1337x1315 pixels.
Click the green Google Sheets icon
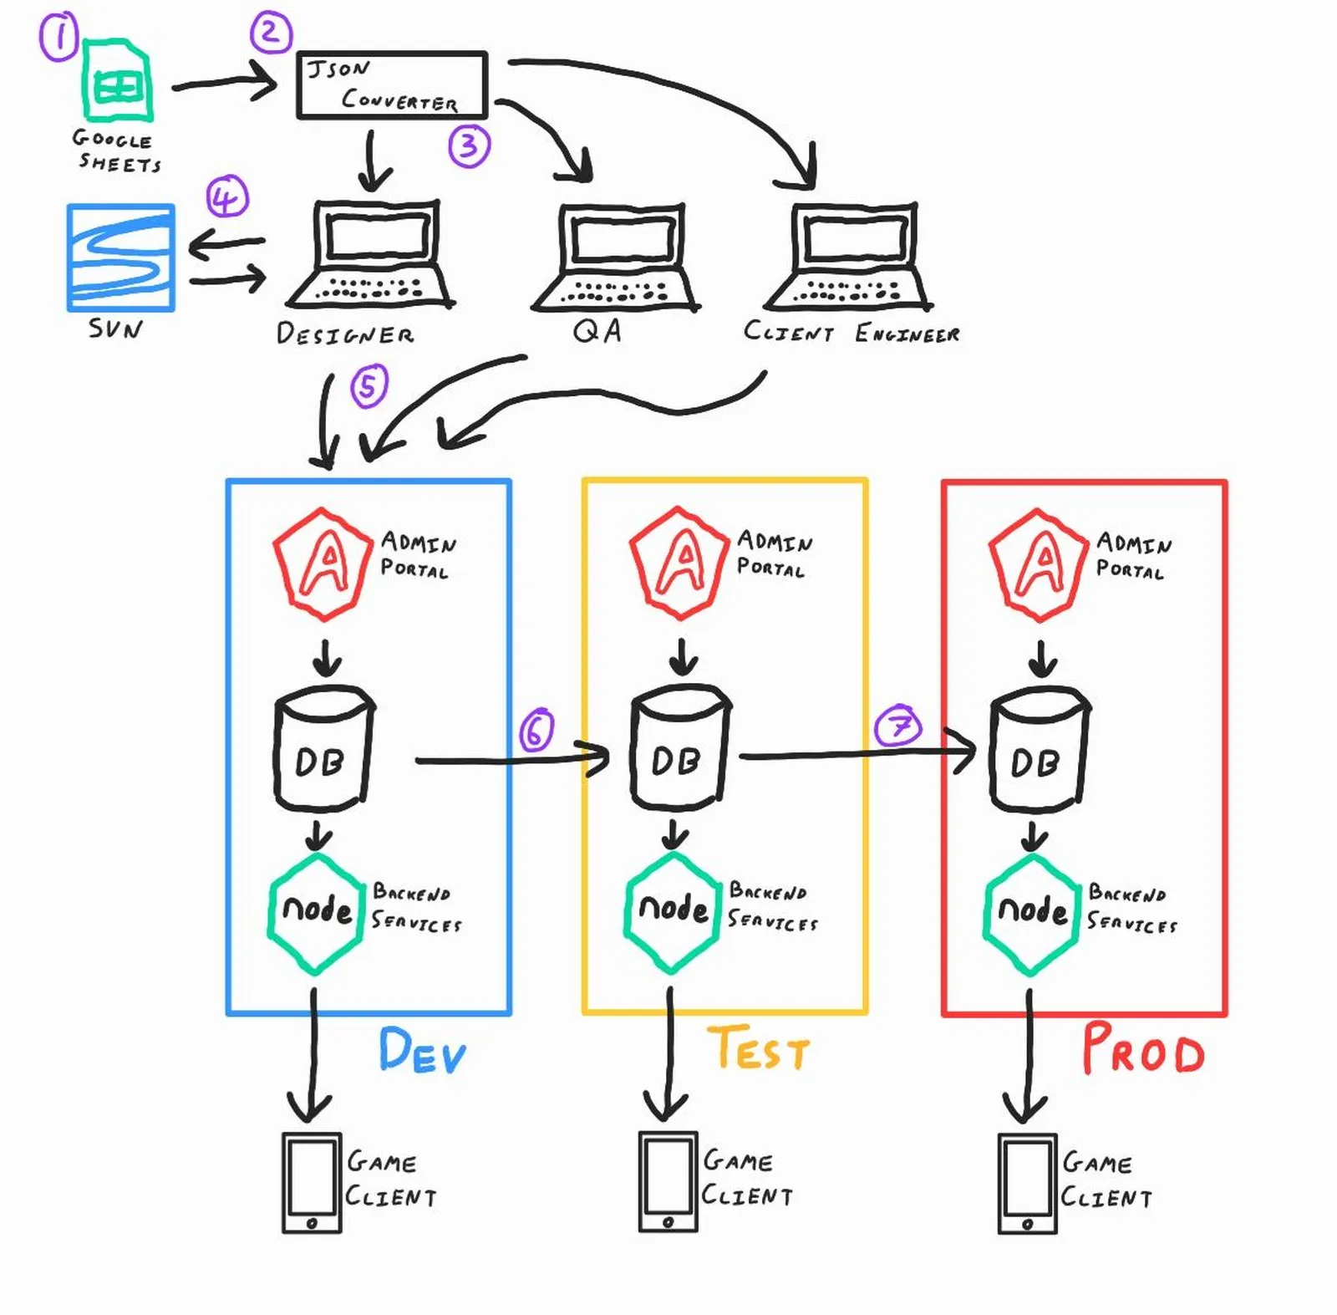click(x=118, y=82)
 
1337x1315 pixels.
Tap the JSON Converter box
click(x=392, y=85)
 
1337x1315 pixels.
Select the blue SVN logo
click(x=121, y=257)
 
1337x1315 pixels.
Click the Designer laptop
click(x=369, y=255)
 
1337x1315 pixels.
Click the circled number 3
click(x=469, y=145)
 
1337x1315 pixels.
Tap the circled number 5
click(x=369, y=385)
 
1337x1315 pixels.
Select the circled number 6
click(x=536, y=730)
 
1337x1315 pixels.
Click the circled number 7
click(x=898, y=726)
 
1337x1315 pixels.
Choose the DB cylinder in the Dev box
click(x=323, y=748)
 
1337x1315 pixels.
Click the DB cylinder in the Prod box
click(x=1039, y=749)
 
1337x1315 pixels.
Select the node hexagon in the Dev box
click(x=317, y=913)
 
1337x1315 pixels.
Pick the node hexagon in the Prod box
click(x=1032, y=914)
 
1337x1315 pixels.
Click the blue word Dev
click(x=422, y=1051)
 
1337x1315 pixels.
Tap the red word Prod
click(x=1142, y=1049)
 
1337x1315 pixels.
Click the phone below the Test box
click(x=668, y=1182)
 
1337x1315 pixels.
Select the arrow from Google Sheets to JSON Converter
click(x=224, y=84)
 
